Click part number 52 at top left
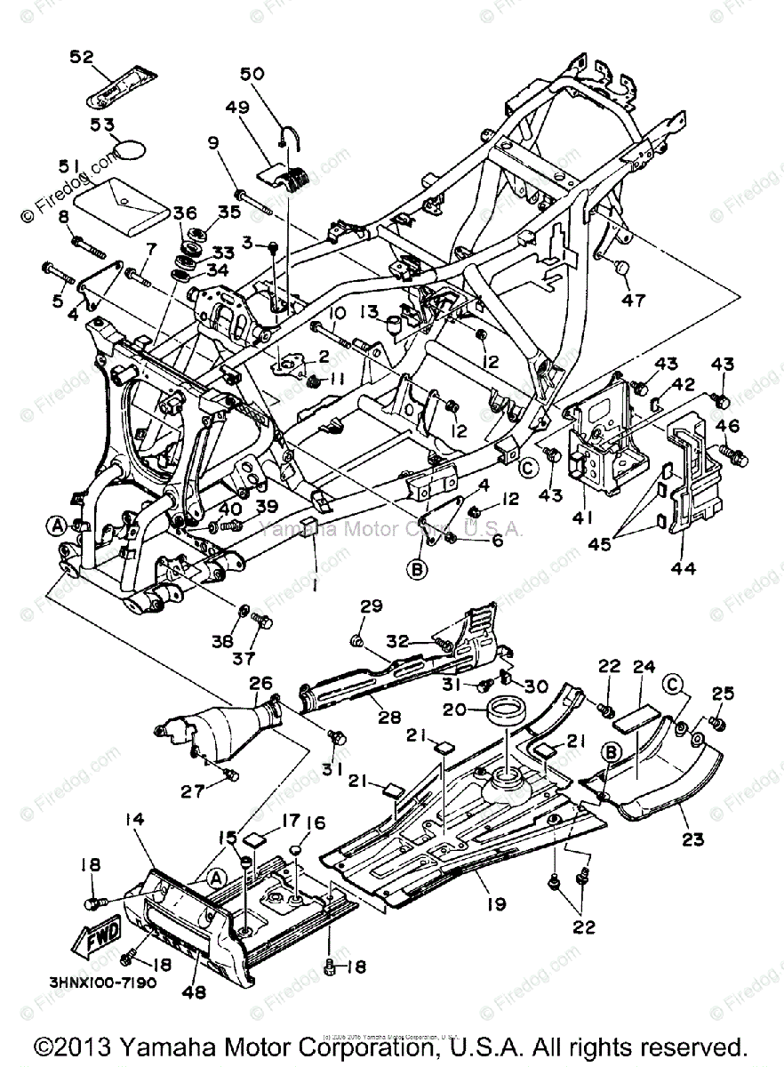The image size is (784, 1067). pos(81,57)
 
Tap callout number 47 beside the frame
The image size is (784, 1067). pos(633,300)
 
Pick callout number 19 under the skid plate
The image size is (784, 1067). pos(495,904)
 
